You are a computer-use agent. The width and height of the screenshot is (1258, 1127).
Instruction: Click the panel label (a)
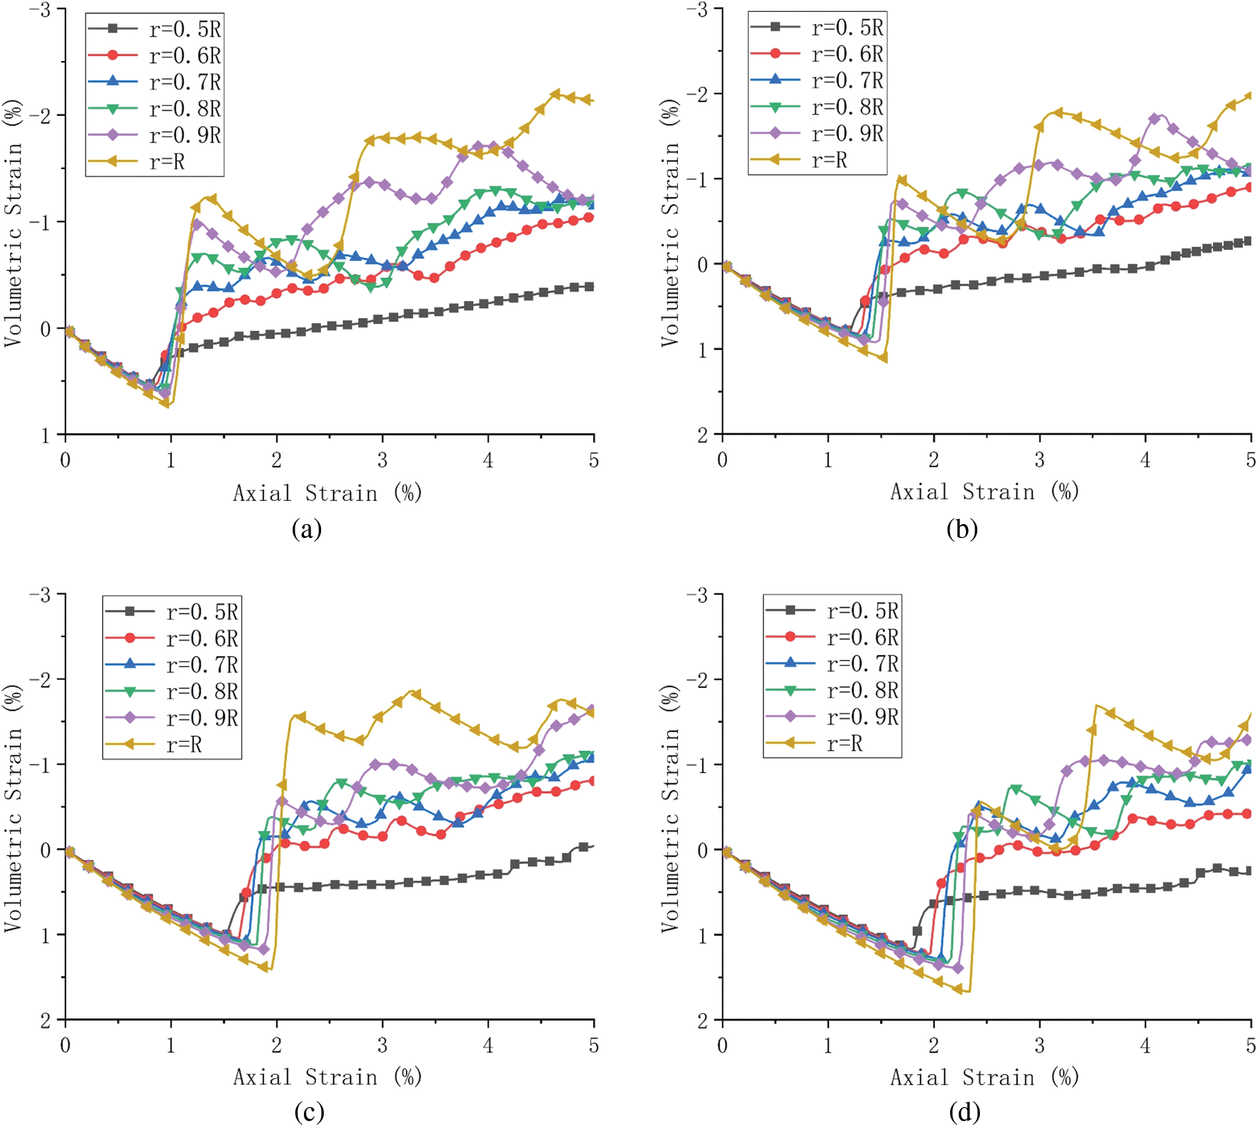(x=307, y=529)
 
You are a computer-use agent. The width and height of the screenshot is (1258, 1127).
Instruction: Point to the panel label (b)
(x=962, y=529)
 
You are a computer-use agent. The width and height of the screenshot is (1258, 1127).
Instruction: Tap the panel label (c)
(x=309, y=1112)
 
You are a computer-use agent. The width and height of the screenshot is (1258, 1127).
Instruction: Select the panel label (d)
(x=964, y=1112)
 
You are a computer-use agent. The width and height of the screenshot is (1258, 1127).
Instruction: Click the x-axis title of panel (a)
(x=327, y=493)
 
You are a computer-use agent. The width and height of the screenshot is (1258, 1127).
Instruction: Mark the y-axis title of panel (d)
(x=670, y=810)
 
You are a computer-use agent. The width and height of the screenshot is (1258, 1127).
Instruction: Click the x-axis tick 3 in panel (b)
(x=1040, y=459)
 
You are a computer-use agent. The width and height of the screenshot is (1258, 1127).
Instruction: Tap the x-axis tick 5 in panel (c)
(x=594, y=1046)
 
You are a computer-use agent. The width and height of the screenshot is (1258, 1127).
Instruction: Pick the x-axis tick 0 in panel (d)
(x=722, y=1046)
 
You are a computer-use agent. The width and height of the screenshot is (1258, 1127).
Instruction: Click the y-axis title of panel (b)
(x=670, y=223)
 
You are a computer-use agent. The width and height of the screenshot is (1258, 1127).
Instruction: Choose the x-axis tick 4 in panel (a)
(x=488, y=460)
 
